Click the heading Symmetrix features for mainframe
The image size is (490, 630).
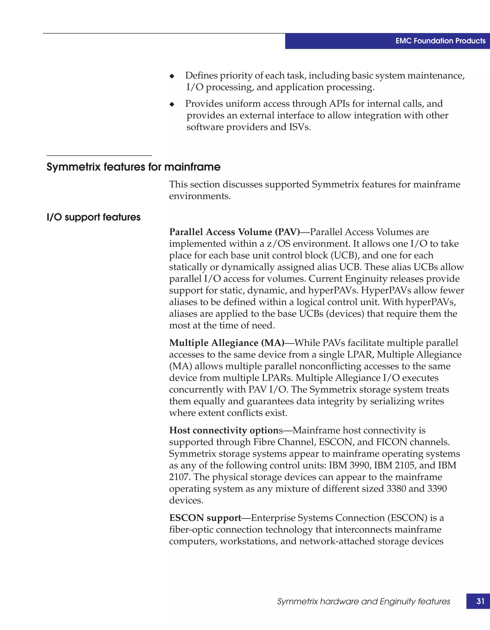[133, 167]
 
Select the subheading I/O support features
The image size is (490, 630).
[94, 217]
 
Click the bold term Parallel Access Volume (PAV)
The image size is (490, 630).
[234, 232]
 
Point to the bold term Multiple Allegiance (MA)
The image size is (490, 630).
[226, 343]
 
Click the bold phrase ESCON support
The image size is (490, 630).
[205, 518]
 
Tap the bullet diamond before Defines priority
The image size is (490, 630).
[172, 76]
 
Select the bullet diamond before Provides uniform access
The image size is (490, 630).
[172, 104]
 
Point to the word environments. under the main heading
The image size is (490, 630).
[200, 196]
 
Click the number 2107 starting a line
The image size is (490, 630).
[180, 477]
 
